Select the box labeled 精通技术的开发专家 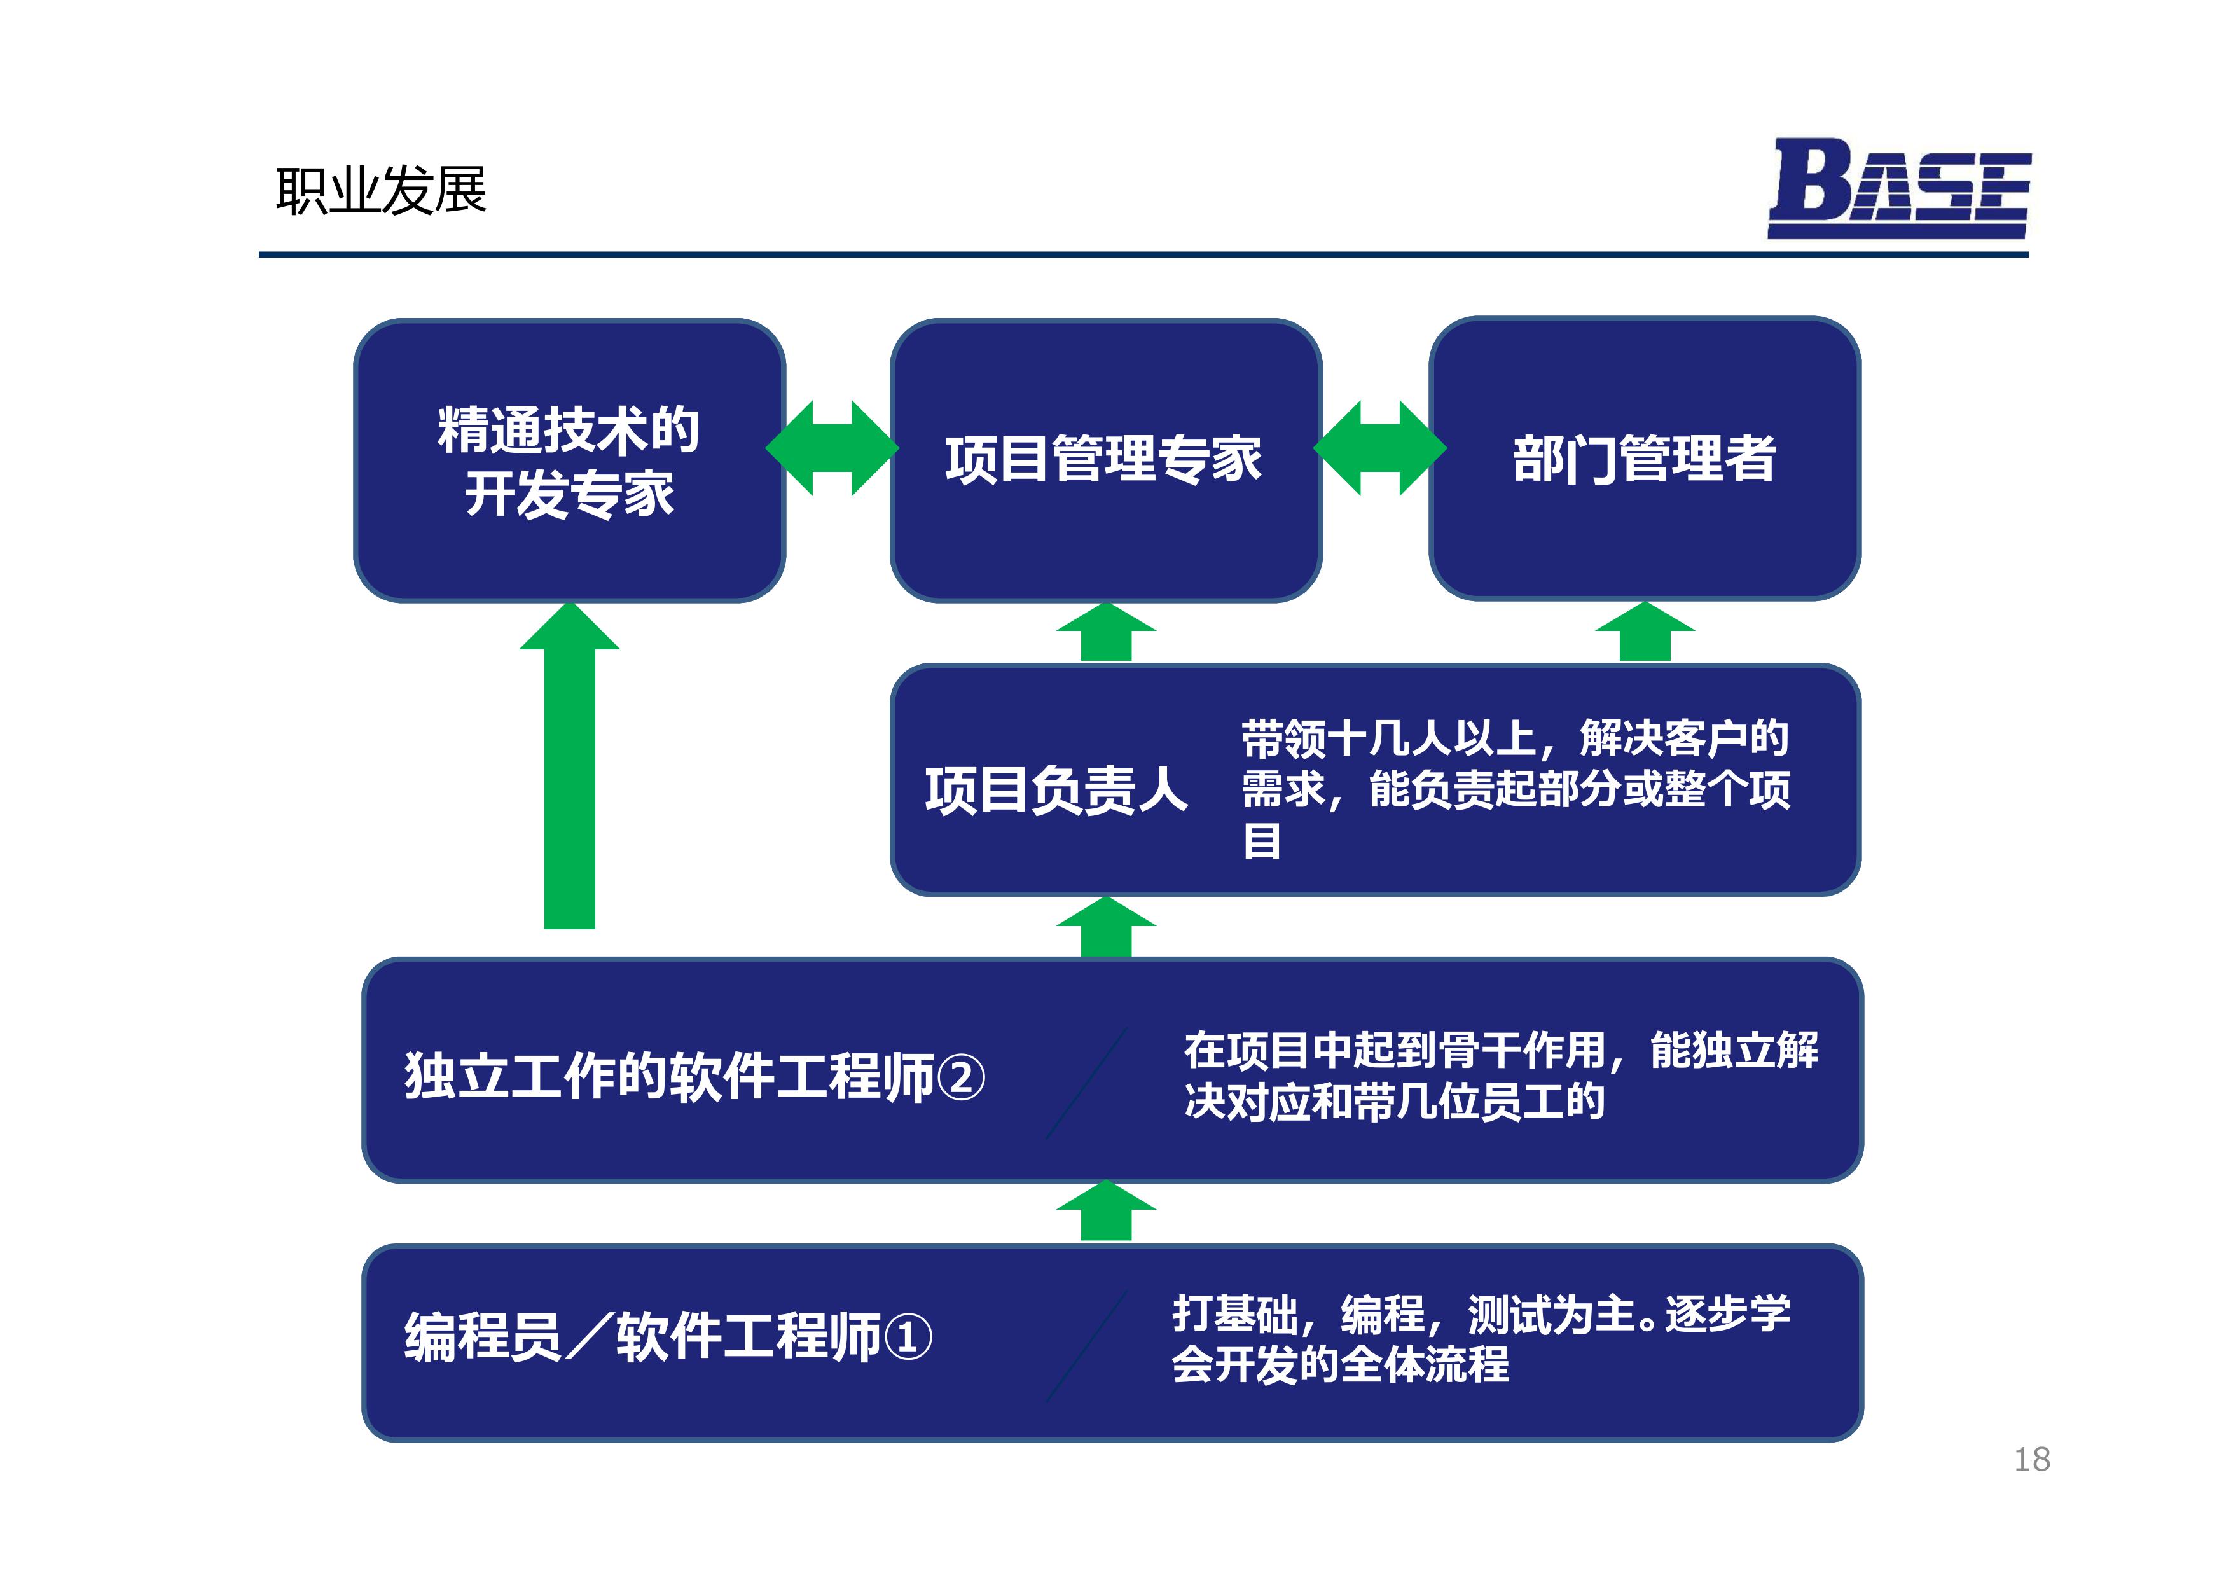tap(569, 460)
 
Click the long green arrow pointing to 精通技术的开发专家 tap(569, 766)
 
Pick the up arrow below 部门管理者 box tap(1645, 632)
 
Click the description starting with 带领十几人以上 tap(1516, 788)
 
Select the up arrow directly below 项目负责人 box tap(1106, 927)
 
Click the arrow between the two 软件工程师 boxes tap(1106, 1212)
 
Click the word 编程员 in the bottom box tap(483, 1337)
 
